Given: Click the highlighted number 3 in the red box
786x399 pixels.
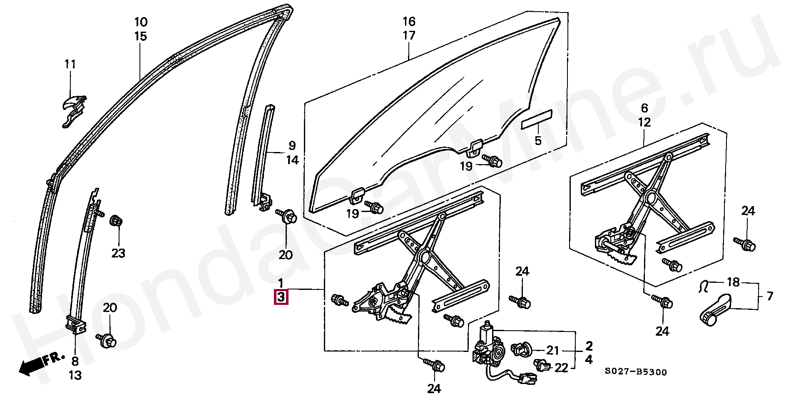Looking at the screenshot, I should pos(281,297).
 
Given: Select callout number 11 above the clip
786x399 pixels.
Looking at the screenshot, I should pos(70,65).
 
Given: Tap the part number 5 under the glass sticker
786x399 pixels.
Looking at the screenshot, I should pos(538,140).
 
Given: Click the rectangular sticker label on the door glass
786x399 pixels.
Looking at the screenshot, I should pos(537,121).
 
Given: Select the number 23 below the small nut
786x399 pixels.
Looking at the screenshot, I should pos(118,253).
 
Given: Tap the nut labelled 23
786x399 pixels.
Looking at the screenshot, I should pos(116,220).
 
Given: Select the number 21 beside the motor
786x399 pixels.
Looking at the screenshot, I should pos(552,350).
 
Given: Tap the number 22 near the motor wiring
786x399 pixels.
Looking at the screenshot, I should pos(561,368).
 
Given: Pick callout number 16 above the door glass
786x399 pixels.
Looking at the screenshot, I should pos(409,21).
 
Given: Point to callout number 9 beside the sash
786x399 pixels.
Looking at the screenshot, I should pos(292,145).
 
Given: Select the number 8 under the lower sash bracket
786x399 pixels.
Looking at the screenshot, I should pos(75,361).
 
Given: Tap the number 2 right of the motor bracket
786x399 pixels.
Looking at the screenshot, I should pos(589,346).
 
